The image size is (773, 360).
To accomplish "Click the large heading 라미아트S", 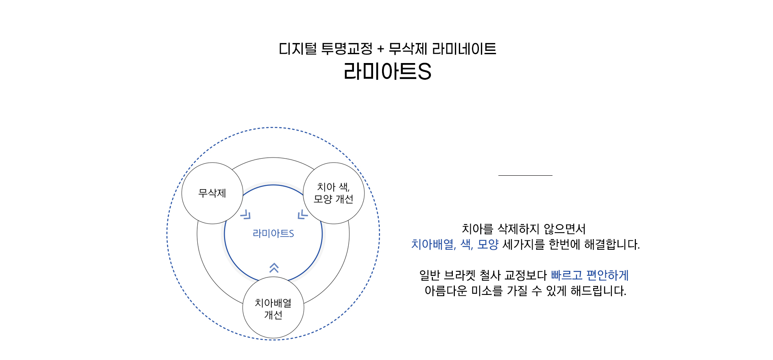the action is click(387, 72).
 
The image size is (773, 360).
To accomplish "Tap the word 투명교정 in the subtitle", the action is click(347, 49).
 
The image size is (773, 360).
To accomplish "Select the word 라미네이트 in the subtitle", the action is click(464, 49).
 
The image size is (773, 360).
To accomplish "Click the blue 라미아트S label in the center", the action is click(273, 233).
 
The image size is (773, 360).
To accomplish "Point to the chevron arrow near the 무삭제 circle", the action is click(245, 214).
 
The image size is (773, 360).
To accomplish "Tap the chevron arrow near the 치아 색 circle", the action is click(303, 214).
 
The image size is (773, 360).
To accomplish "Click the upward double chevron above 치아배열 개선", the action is click(274, 268).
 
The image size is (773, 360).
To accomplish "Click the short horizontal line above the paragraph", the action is click(525, 175).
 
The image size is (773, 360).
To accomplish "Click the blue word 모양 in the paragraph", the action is click(488, 244).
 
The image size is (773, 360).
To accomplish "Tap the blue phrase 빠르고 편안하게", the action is click(590, 275).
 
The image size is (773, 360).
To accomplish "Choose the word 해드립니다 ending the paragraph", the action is click(599, 291).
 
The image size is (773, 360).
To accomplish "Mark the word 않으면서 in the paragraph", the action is click(565, 229).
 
